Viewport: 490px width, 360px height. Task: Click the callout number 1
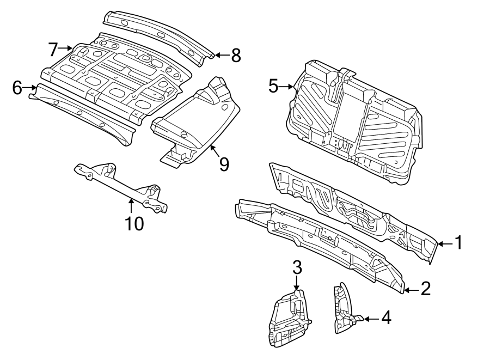(458, 243)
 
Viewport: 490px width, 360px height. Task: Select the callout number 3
(297, 267)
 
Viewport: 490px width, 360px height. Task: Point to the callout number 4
(385, 318)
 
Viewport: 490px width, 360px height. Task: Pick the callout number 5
(273, 86)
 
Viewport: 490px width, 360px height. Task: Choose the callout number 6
(17, 87)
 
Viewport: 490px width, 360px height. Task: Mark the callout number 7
(53, 50)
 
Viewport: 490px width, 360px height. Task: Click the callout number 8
(235, 55)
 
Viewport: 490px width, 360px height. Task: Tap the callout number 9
(224, 164)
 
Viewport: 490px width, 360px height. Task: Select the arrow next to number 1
(444, 243)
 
